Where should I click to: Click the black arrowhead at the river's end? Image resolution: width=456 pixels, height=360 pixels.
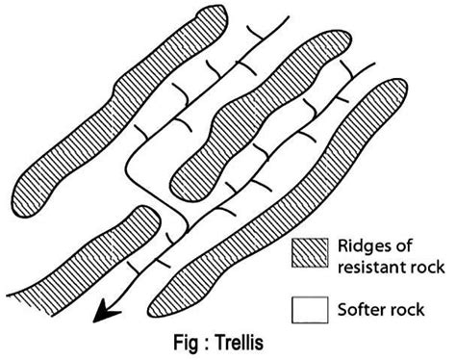click(104, 311)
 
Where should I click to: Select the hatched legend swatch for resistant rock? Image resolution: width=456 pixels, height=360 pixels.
click(308, 253)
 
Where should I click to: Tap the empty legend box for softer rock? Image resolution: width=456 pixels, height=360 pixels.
click(308, 309)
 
